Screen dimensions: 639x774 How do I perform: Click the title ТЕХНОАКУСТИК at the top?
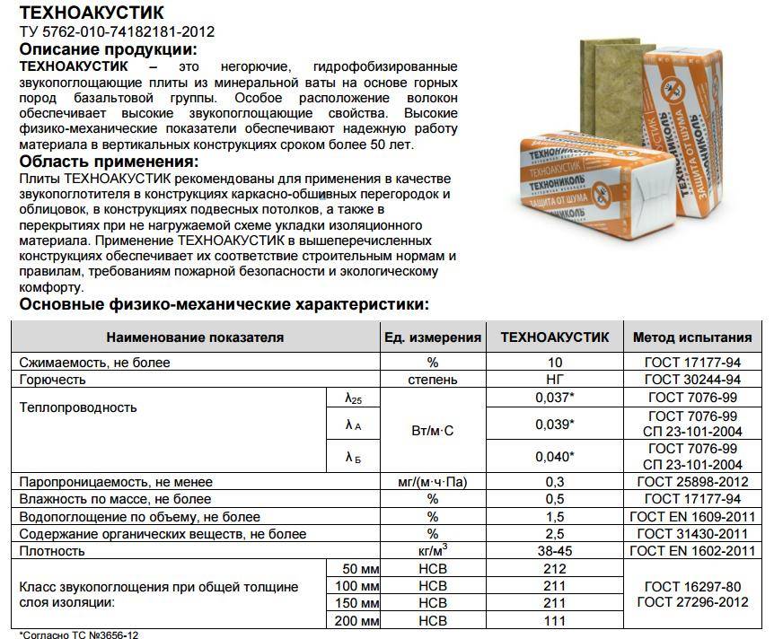92,13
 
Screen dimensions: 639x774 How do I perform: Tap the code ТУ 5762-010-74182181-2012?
117,32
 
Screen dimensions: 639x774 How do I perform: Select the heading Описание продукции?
108,49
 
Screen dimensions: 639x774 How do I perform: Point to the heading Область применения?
108,162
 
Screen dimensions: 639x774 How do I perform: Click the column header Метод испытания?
691,337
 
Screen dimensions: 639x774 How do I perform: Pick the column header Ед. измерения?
432,337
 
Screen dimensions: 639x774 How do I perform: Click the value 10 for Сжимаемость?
554,363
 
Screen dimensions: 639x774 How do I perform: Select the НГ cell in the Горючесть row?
554,380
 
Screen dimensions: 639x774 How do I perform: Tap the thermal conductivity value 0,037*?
554,398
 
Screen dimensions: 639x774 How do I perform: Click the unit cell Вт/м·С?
432,431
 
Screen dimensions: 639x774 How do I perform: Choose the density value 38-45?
554,550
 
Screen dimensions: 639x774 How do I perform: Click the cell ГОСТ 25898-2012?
691,482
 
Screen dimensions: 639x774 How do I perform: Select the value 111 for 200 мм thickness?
554,620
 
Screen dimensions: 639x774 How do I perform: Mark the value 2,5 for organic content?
554,534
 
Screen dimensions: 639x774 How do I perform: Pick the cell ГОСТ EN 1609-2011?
691,517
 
